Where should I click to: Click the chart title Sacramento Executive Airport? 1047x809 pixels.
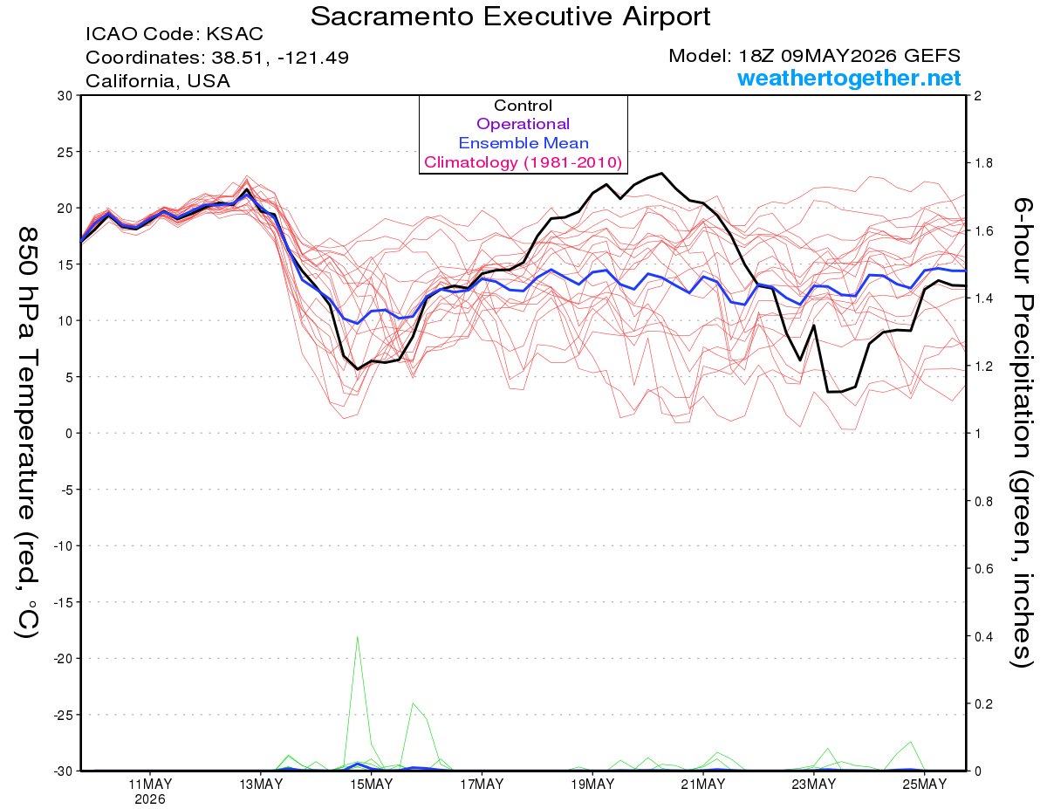tap(510, 17)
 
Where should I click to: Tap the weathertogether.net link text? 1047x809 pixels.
tap(849, 78)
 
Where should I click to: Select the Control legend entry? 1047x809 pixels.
tap(523, 106)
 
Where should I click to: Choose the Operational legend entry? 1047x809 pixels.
tap(523, 124)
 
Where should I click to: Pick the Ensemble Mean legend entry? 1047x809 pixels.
tap(523, 143)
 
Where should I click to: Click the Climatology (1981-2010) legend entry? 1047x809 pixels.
tap(523, 162)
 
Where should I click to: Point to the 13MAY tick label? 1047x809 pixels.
tap(261, 785)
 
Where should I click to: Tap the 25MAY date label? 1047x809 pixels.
tap(925, 785)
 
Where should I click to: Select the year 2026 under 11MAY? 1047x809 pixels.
tap(150, 800)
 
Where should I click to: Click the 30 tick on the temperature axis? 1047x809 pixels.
tap(65, 96)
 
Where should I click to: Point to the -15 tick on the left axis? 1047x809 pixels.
tap(63, 602)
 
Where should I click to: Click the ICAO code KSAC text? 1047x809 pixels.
tap(174, 34)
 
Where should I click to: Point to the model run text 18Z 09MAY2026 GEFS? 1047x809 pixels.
tap(814, 56)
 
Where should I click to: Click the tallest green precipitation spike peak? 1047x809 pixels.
tap(357, 637)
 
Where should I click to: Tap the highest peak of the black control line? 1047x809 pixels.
tap(661, 173)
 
